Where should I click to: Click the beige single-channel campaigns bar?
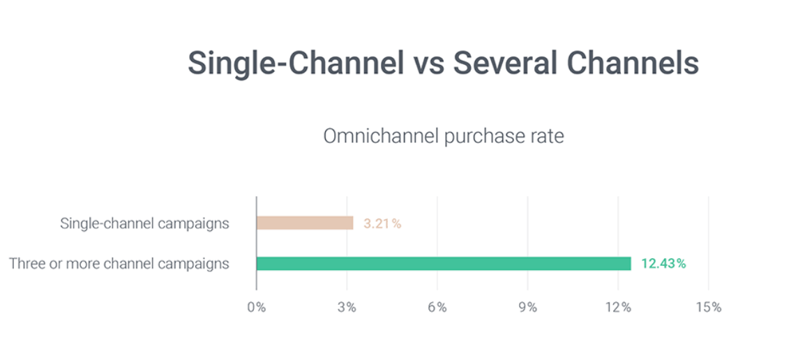[x=305, y=223]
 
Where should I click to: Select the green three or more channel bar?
[x=444, y=264]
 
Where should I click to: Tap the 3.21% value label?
[x=382, y=224]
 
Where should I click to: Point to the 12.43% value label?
[x=663, y=264]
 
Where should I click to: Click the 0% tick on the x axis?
[x=257, y=308]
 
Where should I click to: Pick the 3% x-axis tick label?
[x=347, y=308]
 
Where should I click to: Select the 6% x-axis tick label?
[x=437, y=308]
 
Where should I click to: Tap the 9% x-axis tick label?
[x=527, y=308]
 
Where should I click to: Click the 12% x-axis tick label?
[x=618, y=308]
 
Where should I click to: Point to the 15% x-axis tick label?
[x=708, y=308]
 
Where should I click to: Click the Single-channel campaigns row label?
[x=144, y=224]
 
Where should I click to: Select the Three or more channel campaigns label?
[x=119, y=264]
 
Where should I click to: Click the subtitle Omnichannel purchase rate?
[x=443, y=136]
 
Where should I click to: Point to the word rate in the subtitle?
[x=546, y=136]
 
